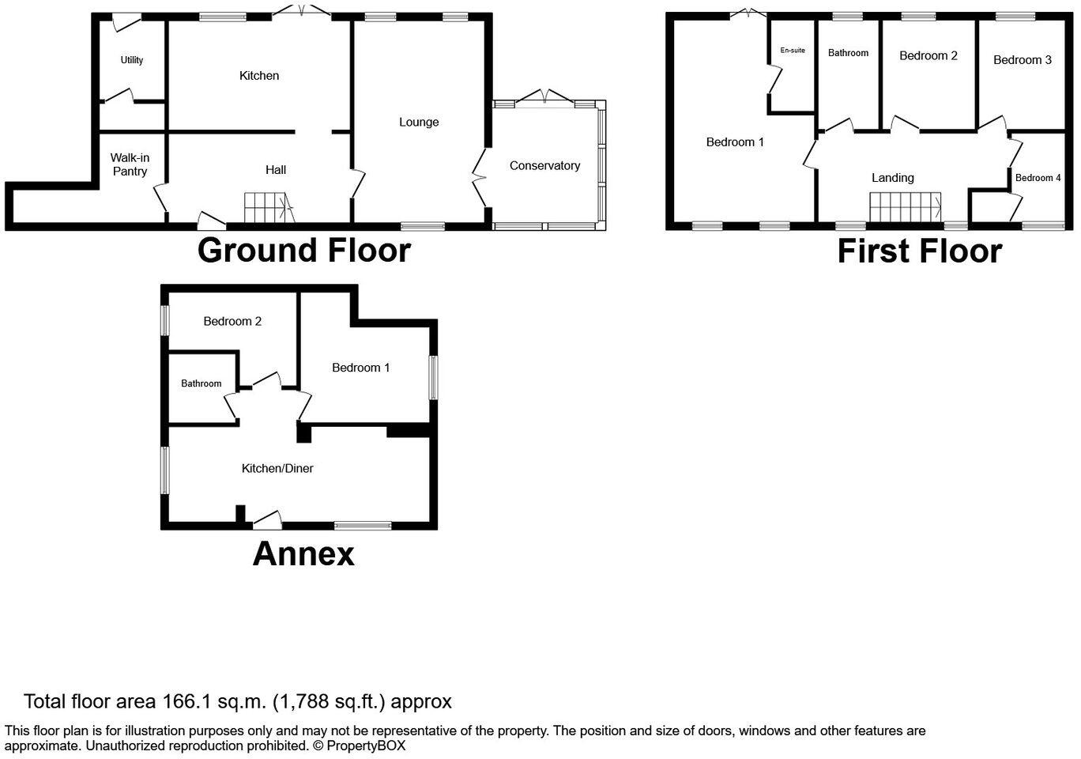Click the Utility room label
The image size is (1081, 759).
pos(132,60)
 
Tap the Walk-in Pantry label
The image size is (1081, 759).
pos(130,164)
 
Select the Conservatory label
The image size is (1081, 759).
pos(544,165)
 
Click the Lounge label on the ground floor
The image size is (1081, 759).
pos(419,122)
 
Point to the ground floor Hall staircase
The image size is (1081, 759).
pos(268,209)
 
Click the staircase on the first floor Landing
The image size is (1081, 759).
pos(905,208)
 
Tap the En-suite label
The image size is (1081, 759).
pos(793,51)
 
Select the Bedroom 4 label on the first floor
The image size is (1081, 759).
pos(1038,178)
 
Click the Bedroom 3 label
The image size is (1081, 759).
pos(1022,60)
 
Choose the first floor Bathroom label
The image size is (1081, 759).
pos(848,53)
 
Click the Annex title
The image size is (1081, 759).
pos(303,554)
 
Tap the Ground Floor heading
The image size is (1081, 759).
pos(303,251)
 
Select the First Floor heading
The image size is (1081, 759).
pos(919,251)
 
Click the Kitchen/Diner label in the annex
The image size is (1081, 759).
pos(277,468)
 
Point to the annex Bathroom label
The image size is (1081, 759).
pos(201,383)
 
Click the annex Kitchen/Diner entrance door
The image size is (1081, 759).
pos(267,519)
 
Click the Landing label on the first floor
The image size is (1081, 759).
pos(892,178)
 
